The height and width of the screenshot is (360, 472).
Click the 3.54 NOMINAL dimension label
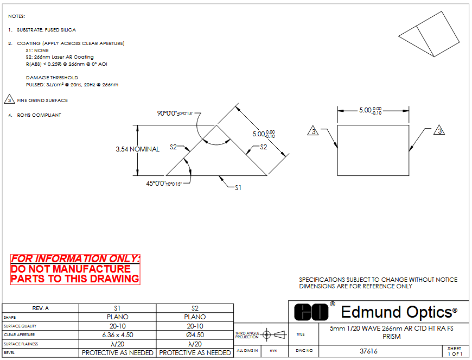[x=138, y=149]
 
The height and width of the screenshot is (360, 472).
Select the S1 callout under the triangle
[x=238, y=187]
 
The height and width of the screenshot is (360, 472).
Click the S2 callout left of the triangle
[x=174, y=147]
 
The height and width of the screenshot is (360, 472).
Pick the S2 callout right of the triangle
[x=264, y=147]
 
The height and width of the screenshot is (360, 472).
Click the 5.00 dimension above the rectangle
[x=371, y=110]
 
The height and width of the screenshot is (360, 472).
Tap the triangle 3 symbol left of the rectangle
[x=312, y=131]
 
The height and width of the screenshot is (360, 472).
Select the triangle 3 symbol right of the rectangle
[x=439, y=131]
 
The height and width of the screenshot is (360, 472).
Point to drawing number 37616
[x=369, y=351]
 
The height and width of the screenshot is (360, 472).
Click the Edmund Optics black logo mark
[x=311, y=312]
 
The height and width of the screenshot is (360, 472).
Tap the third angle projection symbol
[x=275, y=334]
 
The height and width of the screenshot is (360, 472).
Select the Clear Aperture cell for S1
[x=118, y=335]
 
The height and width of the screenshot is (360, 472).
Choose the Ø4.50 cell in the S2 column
[x=195, y=335]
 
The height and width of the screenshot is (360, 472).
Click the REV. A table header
[x=41, y=308]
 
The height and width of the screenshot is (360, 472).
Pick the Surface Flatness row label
[x=18, y=344]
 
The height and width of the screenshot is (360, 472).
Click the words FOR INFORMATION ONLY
[x=75, y=259]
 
